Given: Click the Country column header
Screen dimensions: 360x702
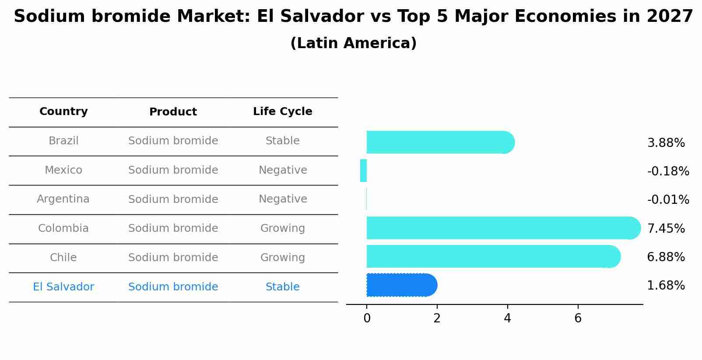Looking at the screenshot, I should pyautogui.click(x=63, y=112).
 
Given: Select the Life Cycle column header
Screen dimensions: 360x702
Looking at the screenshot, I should pyautogui.click(x=282, y=112).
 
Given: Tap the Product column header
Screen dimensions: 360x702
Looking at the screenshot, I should pyautogui.click(x=173, y=112).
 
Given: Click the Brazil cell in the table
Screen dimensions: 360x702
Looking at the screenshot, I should pyautogui.click(x=63, y=141).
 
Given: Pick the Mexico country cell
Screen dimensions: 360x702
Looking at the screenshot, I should pyautogui.click(x=63, y=170).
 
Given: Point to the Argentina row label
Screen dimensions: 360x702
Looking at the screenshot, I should pyautogui.click(x=63, y=199).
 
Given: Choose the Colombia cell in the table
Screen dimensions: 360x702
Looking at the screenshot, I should pyautogui.click(x=63, y=228).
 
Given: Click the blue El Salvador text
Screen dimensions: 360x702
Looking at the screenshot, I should pyautogui.click(x=63, y=287).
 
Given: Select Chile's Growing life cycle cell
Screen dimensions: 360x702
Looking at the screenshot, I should pyautogui.click(x=282, y=258).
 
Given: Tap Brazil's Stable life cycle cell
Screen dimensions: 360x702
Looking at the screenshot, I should pyautogui.click(x=282, y=141).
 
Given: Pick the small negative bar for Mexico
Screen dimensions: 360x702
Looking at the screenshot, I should pyautogui.click(x=363, y=171).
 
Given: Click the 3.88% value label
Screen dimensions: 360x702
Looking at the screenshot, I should pyautogui.click(x=666, y=143).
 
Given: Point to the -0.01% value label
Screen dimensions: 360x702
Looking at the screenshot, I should pyautogui.click(x=668, y=200).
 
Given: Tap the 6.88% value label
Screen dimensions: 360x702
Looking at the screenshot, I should pyautogui.click(x=666, y=257).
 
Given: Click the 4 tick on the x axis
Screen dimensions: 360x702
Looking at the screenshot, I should pyautogui.click(x=507, y=318).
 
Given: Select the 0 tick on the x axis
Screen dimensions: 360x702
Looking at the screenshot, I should pyautogui.click(x=367, y=318).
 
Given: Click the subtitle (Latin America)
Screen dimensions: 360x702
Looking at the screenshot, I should pyautogui.click(x=353, y=43).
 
